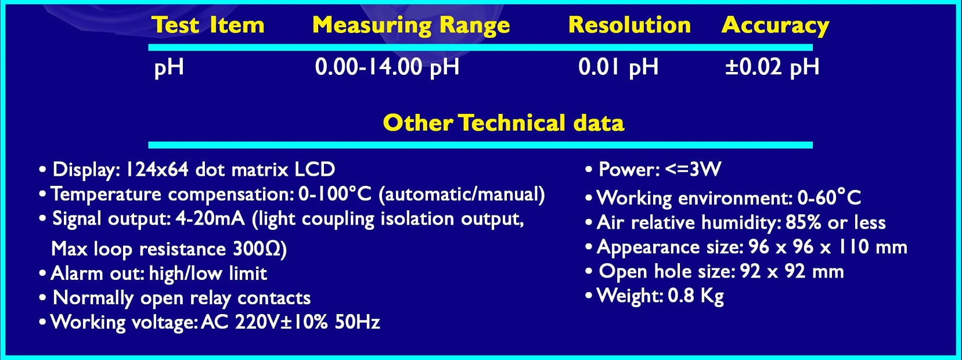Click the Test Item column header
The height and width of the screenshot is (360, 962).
click(208, 25)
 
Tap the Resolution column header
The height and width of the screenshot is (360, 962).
click(629, 25)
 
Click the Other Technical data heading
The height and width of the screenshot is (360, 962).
click(503, 123)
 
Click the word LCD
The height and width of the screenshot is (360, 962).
click(314, 170)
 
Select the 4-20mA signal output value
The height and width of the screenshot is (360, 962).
click(210, 219)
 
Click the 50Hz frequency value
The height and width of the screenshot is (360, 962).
click(357, 322)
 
